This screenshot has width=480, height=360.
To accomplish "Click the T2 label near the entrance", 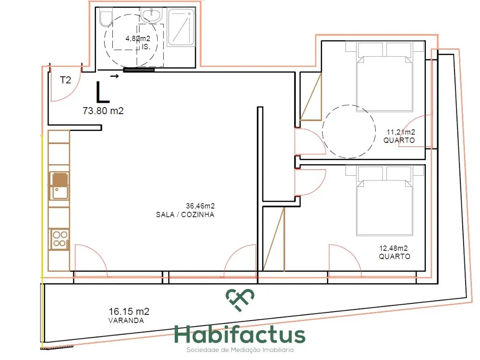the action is pos(65,80).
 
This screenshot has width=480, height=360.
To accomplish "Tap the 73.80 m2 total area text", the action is pos(103,110).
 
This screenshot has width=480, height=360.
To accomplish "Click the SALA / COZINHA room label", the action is pos(185,215).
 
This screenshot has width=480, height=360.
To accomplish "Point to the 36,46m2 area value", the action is pos(200,206).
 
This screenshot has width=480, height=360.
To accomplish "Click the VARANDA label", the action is pos(126,321).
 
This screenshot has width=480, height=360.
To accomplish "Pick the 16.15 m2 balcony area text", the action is pos(129,312).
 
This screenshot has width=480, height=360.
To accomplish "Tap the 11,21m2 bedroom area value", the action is pos(401,132).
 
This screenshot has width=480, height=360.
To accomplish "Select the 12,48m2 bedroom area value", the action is pos(394,248).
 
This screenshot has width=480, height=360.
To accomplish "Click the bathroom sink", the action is pos(151,15).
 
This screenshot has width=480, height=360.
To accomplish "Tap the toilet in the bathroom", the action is pos(105,18).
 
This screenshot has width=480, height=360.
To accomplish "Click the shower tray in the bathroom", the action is pos(181,27).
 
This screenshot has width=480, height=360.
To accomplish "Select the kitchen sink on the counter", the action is pos(60,185).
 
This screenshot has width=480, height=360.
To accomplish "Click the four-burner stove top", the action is pos(60,239).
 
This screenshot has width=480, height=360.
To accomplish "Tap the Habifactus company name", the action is pos(240,335).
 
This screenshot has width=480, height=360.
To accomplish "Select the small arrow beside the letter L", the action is pos(115,76).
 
